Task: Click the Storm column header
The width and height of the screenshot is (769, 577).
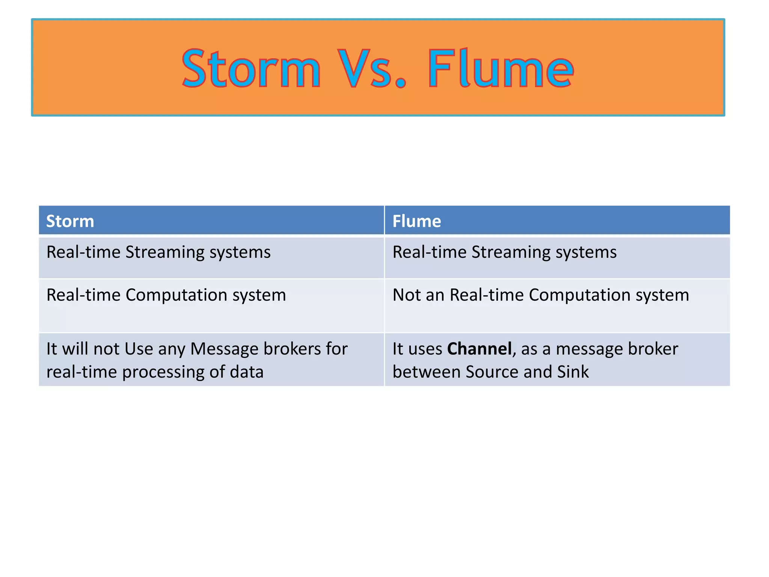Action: (x=70, y=221)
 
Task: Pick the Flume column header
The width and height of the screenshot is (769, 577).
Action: (x=416, y=221)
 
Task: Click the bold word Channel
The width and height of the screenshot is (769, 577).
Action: (x=479, y=349)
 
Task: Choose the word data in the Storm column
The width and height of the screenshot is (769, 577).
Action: (x=246, y=372)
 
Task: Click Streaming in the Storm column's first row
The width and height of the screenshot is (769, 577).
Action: (x=165, y=252)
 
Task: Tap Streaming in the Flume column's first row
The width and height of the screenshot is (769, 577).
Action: (x=511, y=252)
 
